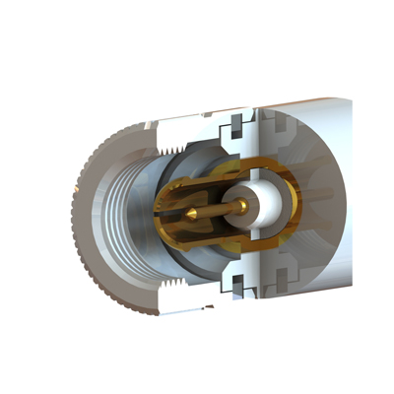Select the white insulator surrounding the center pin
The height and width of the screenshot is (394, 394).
[264, 205]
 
